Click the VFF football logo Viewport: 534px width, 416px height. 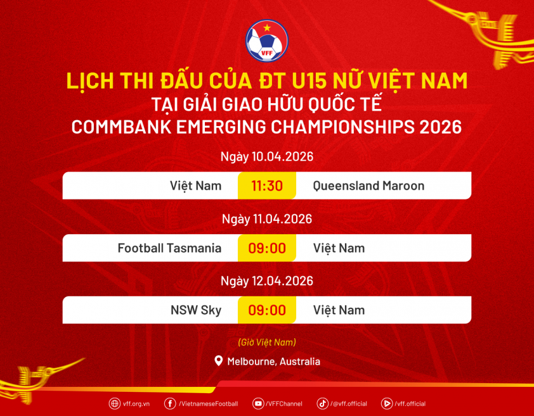click(267, 41)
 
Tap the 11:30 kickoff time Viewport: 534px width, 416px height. click(267, 186)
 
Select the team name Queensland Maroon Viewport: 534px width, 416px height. click(368, 186)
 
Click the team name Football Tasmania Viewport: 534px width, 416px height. click(169, 248)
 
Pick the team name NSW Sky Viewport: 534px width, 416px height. click(196, 310)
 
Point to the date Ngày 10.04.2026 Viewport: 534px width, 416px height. click(267, 157)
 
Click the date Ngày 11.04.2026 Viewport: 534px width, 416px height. click(267, 219)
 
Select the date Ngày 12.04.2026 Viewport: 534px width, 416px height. click(267, 281)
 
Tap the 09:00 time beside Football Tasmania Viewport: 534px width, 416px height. click(267, 248)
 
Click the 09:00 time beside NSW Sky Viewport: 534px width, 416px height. click(267, 310)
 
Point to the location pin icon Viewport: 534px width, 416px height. click(219, 361)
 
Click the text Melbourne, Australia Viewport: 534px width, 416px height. click(274, 362)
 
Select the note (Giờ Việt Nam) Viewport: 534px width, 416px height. click(267, 342)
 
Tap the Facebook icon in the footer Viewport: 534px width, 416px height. click(170, 404)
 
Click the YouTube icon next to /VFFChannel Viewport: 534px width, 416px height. click(258, 404)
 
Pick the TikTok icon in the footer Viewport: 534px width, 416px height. click(322, 404)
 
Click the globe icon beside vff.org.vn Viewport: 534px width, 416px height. click(114, 404)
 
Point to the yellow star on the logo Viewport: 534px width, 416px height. click(266, 28)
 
